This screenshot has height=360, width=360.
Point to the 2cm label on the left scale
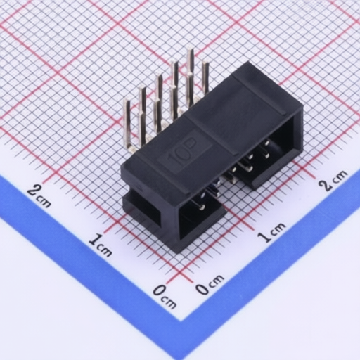pyautogui.click(x=39, y=196)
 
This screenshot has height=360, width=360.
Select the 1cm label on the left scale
pyautogui.click(x=101, y=245)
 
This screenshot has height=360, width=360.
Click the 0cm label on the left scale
pyautogui.click(x=165, y=296)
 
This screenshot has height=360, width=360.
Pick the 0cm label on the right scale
pyautogui.click(x=210, y=284)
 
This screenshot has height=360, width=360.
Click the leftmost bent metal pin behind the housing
pyautogui.click(x=128, y=124)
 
